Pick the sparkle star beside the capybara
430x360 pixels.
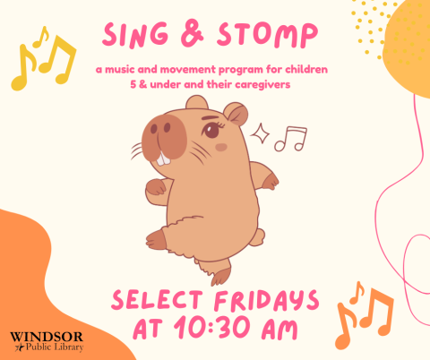click(x=262, y=135)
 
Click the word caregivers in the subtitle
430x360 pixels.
click(x=266, y=84)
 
